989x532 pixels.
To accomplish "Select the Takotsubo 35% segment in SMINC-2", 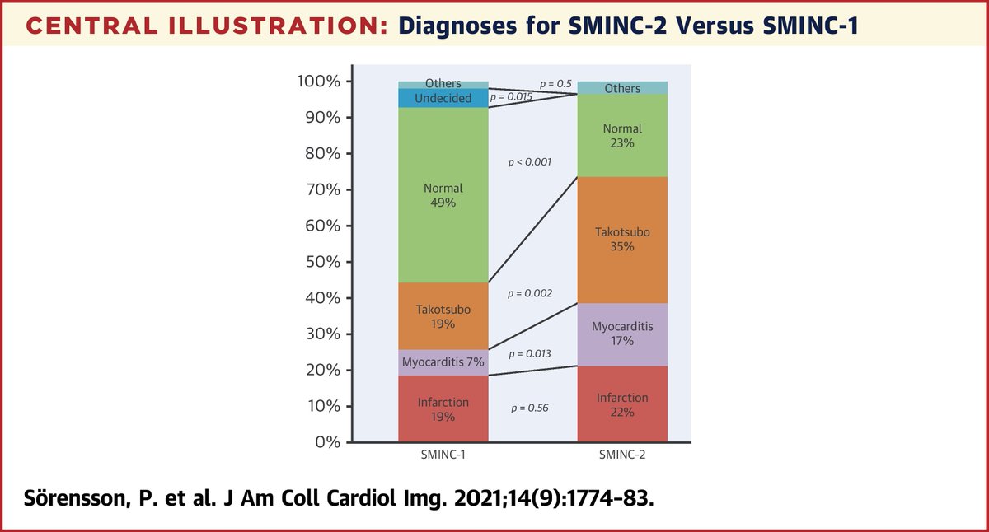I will (x=622, y=240).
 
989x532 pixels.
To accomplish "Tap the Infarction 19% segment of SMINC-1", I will (x=443, y=408).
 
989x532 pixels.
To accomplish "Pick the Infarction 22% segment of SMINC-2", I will (x=622, y=404).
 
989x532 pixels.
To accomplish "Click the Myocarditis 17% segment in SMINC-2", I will (x=622, y=334).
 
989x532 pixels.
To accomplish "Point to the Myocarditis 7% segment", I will (x=443, y=362).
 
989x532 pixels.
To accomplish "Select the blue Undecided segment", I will (x=443, y=98).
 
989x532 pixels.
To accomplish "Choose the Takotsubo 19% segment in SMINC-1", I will (x=443, y=316).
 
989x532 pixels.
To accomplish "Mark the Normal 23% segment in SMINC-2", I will (x=622, y=136).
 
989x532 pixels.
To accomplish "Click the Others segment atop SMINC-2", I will (x=622, y=88).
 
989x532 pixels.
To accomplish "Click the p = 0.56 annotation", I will (x=531, y=408).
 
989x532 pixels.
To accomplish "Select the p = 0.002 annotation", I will (x=531, y=293).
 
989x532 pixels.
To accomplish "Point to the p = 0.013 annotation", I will (x=531, y=353).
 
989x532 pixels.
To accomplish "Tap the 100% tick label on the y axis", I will (x=319, y=82).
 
